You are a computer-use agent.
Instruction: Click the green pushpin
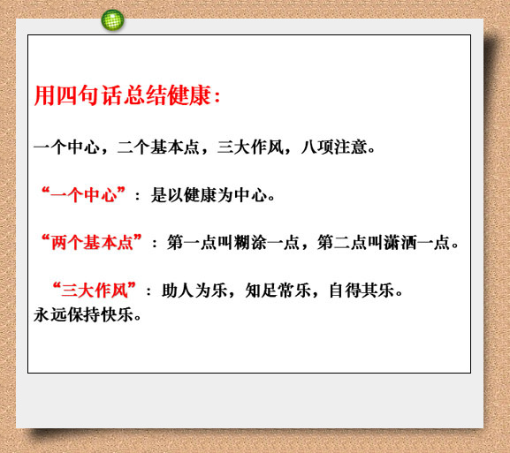point(112,19)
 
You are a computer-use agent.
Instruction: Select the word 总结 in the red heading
point(145,95)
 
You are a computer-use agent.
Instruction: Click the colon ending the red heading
point(217,97)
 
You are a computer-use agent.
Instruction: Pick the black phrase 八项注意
point(334,147)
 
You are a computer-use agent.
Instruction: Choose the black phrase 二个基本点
point(158,147)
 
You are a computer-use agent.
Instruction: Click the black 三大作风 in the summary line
point(250,147)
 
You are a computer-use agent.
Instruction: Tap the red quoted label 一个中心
point(83,194)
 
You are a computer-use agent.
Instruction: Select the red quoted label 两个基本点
point(92,242)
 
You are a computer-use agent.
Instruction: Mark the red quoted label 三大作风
point(95,290)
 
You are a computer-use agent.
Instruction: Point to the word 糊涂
point(250,243)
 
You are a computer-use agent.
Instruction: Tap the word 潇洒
point(400,243)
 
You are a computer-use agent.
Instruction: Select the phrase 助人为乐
point(194,290)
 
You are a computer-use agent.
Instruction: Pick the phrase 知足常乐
point(278,290)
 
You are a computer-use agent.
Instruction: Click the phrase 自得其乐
point(362,290)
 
